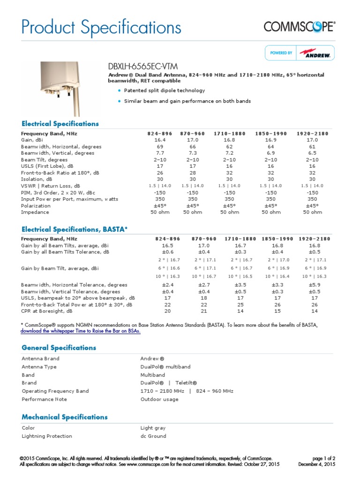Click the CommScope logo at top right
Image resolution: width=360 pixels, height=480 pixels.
[x=299, y=27]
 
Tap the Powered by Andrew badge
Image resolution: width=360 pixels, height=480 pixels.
[x=300, y=53]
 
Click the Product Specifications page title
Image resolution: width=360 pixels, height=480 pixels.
[x=101, y=27]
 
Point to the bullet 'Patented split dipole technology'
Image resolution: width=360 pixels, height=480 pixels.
[x=164, y=90]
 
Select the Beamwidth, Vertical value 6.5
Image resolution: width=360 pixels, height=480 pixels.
[x=312, y=153]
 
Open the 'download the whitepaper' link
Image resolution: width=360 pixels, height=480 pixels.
[x=80, y=331]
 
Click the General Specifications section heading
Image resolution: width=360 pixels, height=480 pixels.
[x=59, y=348]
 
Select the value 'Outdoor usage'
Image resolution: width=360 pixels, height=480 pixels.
[x=159, y=399]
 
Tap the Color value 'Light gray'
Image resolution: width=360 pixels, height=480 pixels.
[x=153, y=428]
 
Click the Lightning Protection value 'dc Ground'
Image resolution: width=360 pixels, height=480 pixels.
[x=153, y=436]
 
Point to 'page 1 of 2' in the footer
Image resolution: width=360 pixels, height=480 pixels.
[x=323, y=458]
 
